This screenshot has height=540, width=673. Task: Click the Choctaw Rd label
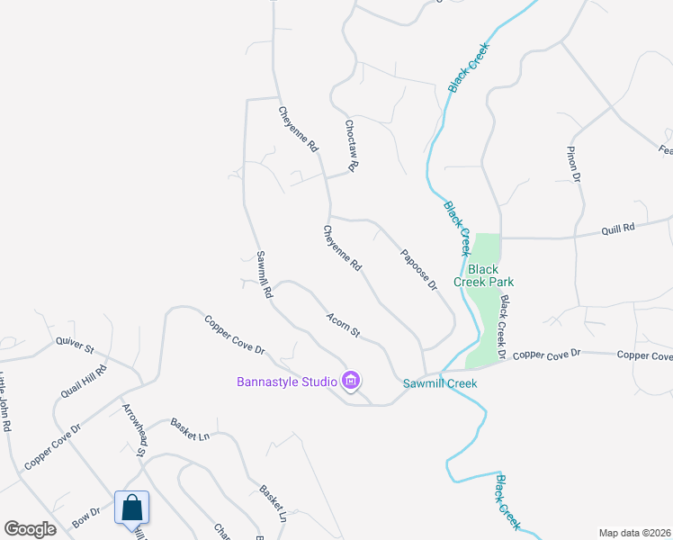352,145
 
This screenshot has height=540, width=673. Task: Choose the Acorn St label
343,326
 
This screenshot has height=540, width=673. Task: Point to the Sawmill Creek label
439,383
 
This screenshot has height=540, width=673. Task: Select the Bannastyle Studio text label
287,381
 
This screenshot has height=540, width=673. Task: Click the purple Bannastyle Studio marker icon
352,382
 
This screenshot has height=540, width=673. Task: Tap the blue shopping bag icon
131,508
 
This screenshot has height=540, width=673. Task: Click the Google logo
30,529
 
